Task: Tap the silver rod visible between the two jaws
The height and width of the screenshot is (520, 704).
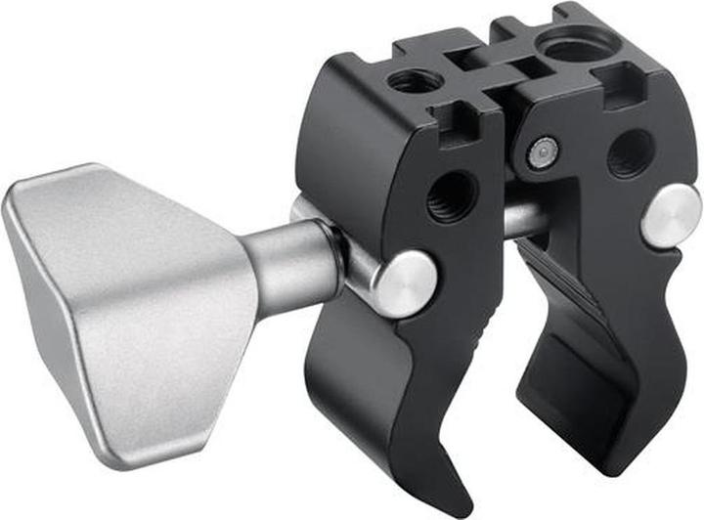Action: click(523, 220)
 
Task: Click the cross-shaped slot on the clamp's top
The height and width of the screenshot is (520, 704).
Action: click(489, 65)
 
